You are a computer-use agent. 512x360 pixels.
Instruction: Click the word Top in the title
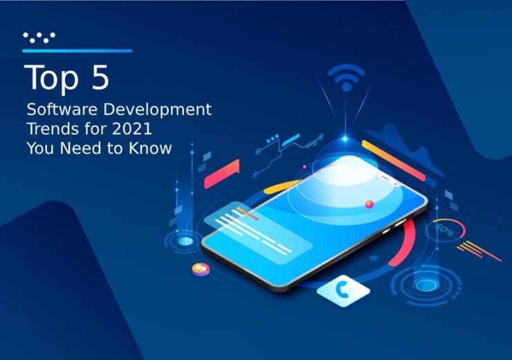(x=51, y=78)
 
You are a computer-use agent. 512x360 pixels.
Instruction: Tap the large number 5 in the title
(x=100, y=77)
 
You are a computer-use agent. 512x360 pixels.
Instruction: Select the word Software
(x=62, y=109)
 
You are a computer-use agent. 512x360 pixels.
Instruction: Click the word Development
(x=157, y=110)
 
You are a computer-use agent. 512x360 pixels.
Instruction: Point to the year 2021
(x=132, y=129)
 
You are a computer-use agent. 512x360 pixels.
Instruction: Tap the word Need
(x=80, y=148)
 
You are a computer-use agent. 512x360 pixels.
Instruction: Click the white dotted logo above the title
(x=39, y=37)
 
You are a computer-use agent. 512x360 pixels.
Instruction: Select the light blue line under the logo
(x=77, y=51)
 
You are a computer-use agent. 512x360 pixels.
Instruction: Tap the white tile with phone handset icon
(x=343, y=291)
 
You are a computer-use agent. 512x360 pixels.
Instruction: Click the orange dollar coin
(x=201, y=269)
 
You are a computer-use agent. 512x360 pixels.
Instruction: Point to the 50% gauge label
(x=444, y=229)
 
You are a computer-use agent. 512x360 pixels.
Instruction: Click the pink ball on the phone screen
(x=369, y=205)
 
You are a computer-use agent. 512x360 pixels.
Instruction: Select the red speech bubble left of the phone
(x=221, y=174)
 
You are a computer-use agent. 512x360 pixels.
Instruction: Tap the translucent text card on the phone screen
(x=258, y=232)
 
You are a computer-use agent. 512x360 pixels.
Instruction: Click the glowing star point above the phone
(x=345, y=139)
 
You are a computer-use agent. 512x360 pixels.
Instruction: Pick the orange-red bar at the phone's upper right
(x=394, y=161)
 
